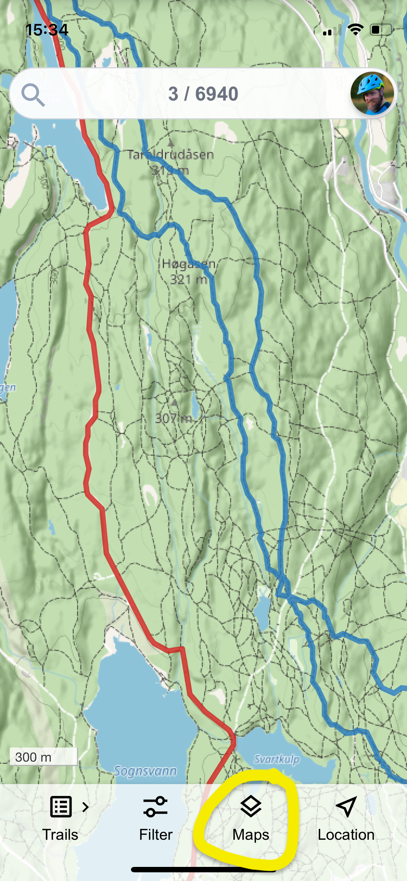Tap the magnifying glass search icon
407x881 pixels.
pyautogui.click(x=33, y=95)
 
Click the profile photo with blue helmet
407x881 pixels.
pyautogui.click(x=372, y=93)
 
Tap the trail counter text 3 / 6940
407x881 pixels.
pyautogui.click(x=203, y=94)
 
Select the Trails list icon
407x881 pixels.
pyautogui.click(x=60, y=806)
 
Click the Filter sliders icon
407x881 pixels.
pyautogui.click(x=156, y=806)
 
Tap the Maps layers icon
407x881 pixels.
pyautogui.click(x=251, y=806)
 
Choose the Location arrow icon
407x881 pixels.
pyautogui.click(x=346, y=806)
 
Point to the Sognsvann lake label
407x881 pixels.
pyautogui.click(x=145, y=771)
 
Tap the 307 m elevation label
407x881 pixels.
pyautogui.click(x=173, y=418)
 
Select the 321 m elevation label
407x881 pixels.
pyautogui.click(x=188, y=280)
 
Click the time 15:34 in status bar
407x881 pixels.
pyautogui.click(x=47, y=30)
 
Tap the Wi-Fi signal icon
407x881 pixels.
pyautogui.click(x=356, y=30)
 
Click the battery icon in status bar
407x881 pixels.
pyautogui.click(x=381, y=30)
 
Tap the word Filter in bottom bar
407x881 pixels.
pyautogui.click(x=156, y=835)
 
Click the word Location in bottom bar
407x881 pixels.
pyautogui.click(x=346, y=835)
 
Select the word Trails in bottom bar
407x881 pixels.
pyautogui.click(x=60, y=835)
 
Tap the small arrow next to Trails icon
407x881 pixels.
pyautogui.click(x=85, y=807)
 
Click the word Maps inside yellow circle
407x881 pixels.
pyautogui.click(x=251, y=835)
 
